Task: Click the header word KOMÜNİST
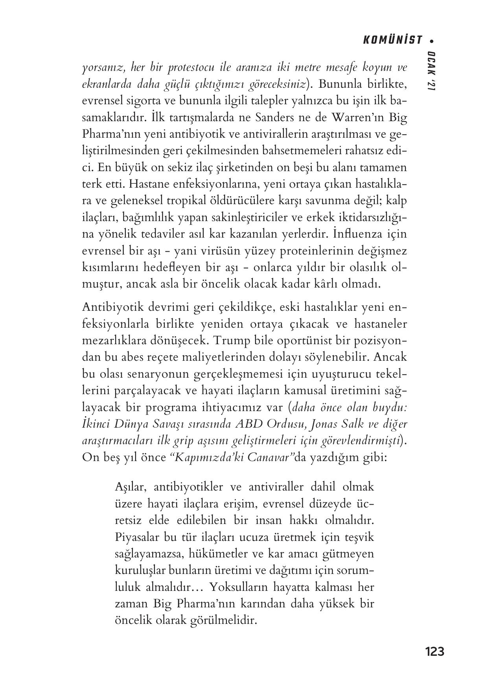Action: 392,40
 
